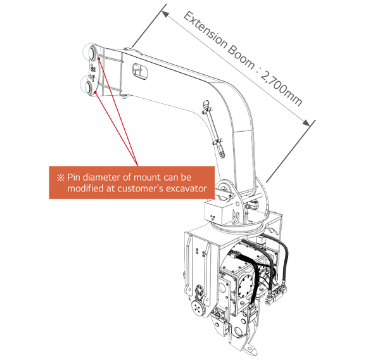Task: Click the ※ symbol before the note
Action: tap(60, 177)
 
